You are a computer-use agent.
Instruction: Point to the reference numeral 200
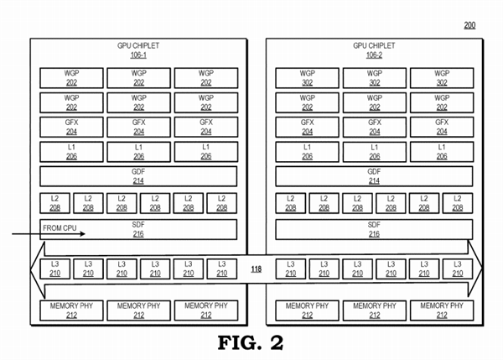(x=469, y=25)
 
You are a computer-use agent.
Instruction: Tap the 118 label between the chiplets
(x=256, y=269)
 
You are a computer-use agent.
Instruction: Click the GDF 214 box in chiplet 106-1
(x=139, y=177)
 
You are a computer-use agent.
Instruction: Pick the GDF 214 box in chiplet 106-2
(x=374, y=177)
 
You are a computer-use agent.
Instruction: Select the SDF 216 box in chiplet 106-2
(x=374, y=230)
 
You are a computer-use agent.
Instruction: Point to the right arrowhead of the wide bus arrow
(x=478, y=269)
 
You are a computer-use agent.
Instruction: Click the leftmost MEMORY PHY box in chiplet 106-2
(x=307, y=310)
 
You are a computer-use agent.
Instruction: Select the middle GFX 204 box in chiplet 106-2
(x=374, y=128)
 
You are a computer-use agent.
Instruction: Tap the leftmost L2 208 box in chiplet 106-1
(x=55, y=203)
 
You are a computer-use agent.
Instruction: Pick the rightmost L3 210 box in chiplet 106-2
(x=457, y=269)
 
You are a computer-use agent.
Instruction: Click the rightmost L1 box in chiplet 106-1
(x=206, y=152)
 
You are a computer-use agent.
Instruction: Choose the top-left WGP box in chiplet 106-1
(x=72, y=77)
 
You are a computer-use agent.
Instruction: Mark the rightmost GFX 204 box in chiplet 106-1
(x=206, y=128)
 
